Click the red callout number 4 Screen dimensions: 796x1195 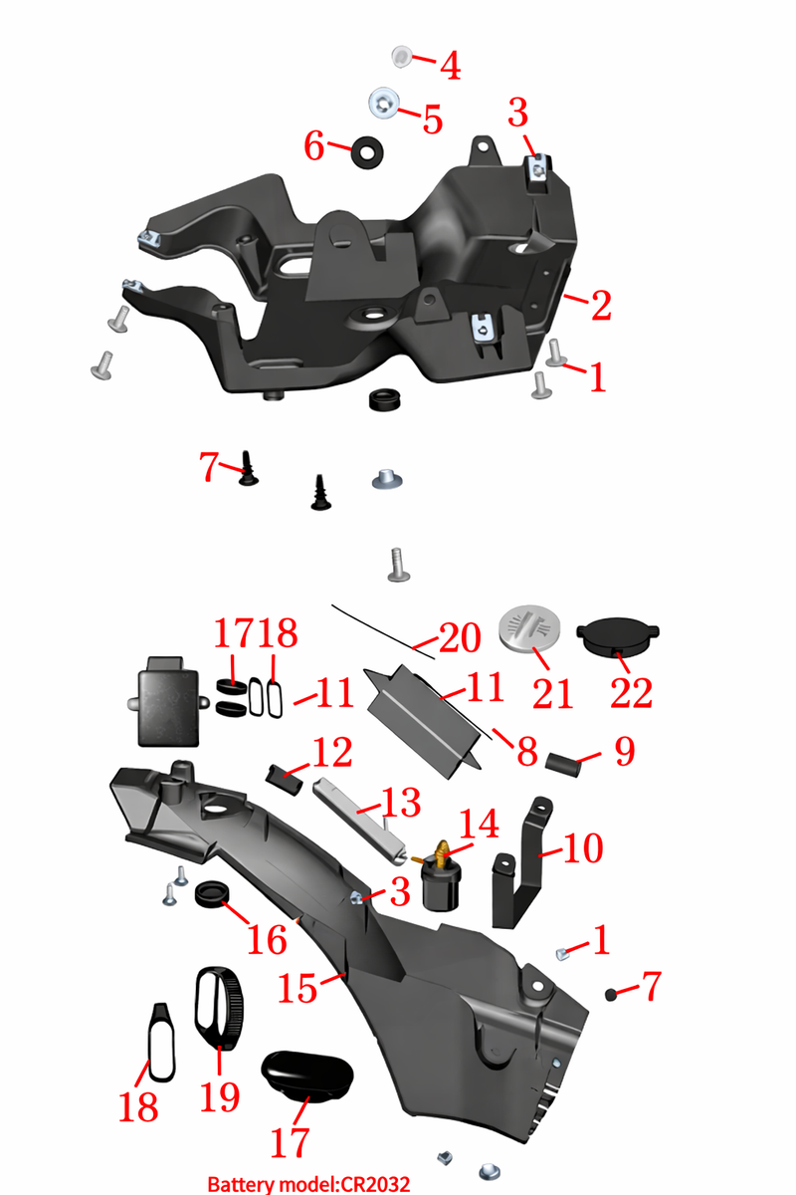[451, 66]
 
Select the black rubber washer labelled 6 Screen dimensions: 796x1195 [367, 152]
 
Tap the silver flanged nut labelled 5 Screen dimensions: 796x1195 [384, 103]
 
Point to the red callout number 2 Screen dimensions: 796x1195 [601, 307]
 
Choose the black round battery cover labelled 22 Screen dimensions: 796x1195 [618, 636]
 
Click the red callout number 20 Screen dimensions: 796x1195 [460, 638]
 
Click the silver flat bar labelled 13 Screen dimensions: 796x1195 [360, 823]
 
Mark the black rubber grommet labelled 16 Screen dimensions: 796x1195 [212, 893]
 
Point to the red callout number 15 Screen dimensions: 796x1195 [298, 988]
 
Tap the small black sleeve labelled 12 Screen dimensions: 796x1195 [285, 780]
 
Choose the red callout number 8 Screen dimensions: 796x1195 [527, 751]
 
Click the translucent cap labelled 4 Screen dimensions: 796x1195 [401, 57]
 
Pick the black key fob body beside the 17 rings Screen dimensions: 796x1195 [167, 702]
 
